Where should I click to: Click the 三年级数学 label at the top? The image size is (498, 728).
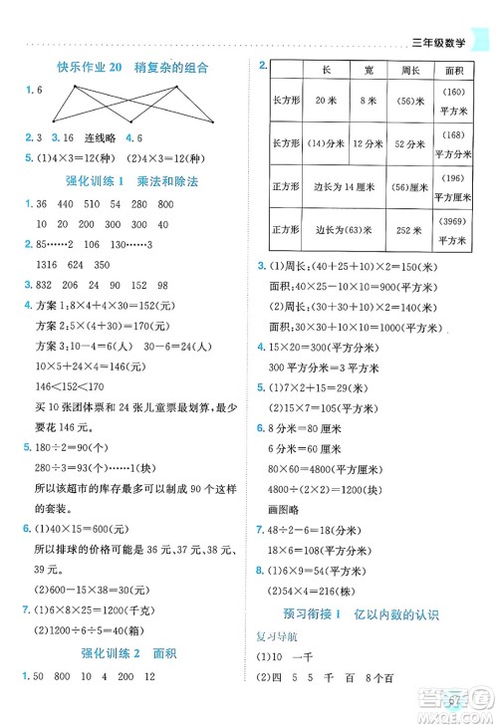440,41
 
